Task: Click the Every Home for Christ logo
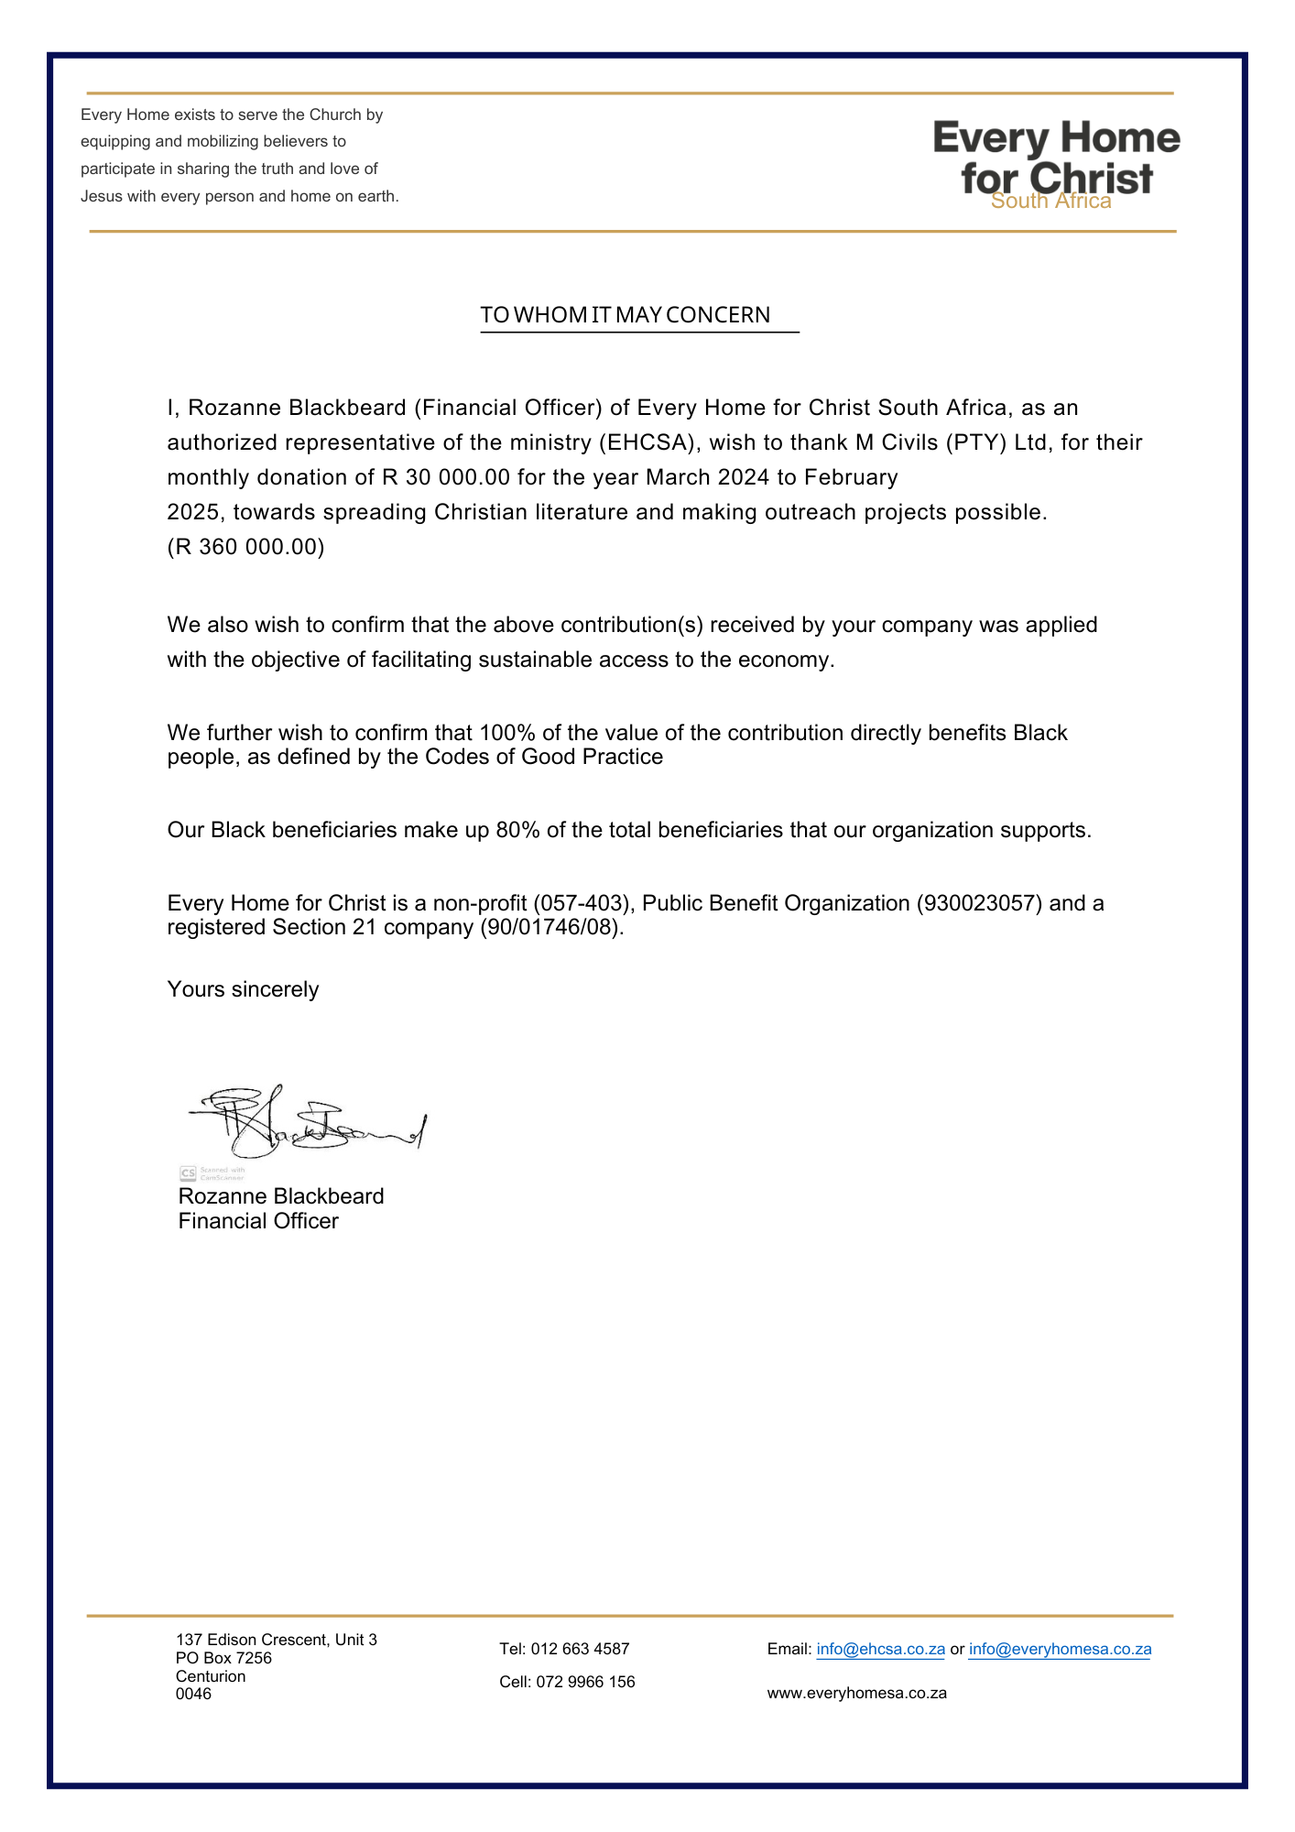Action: pyautogui.click(x=1056, y=163)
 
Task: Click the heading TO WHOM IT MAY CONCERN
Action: pyautogui.click(x=626, y=315)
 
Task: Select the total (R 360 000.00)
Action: pyautogui.click(x=245, y=547)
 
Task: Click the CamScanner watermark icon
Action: pyautogui.click(x=188, y=1173)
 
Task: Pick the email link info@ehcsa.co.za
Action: pyautogui.click(x=880, y=1649)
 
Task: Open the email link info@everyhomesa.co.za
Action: pyautogui.click(x=1060, y=1649)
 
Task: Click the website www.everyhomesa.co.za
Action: pyautogui.click(x=856, y=1693)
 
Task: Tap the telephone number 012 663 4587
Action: pyautogui.click(x=580, y=1649)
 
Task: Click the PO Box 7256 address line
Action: pyautogui.click(x=223, y=1658)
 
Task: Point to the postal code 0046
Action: pyautogui.click(x=193, y=1694)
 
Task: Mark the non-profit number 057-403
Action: pyautogui.click(x=582, y=903)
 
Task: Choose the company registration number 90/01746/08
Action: pyautogui.click(x=551, y=927)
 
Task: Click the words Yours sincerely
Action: pyautogui.click(x=243, y=989)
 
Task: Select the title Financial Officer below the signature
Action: pyautogui.click(x=258, y=1221)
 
